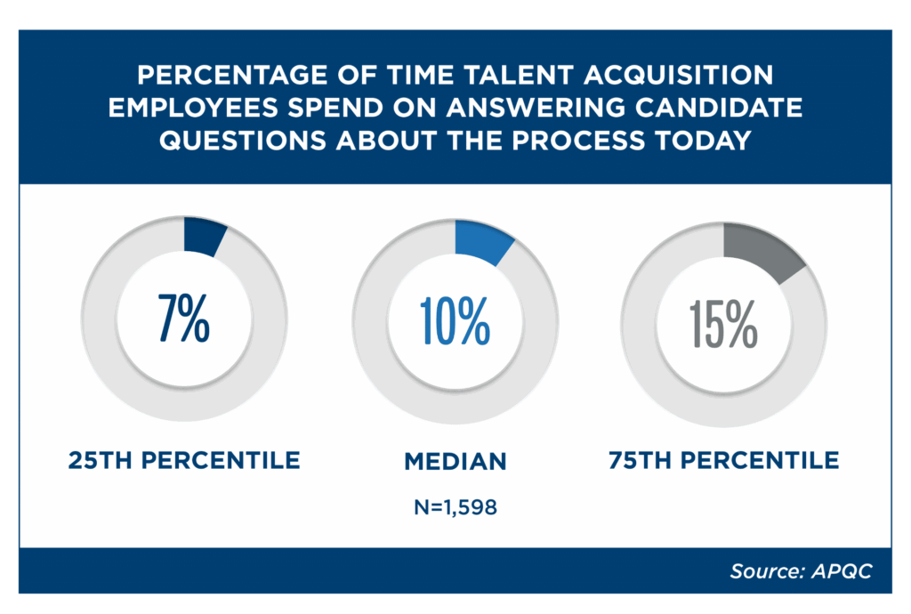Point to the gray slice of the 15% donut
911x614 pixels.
[761, 250]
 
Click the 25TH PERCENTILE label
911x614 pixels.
[184, 460]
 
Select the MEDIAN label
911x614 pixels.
[455, 461]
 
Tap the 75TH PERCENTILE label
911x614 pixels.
[723, 460]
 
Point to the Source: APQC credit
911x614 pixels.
[801, 571]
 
